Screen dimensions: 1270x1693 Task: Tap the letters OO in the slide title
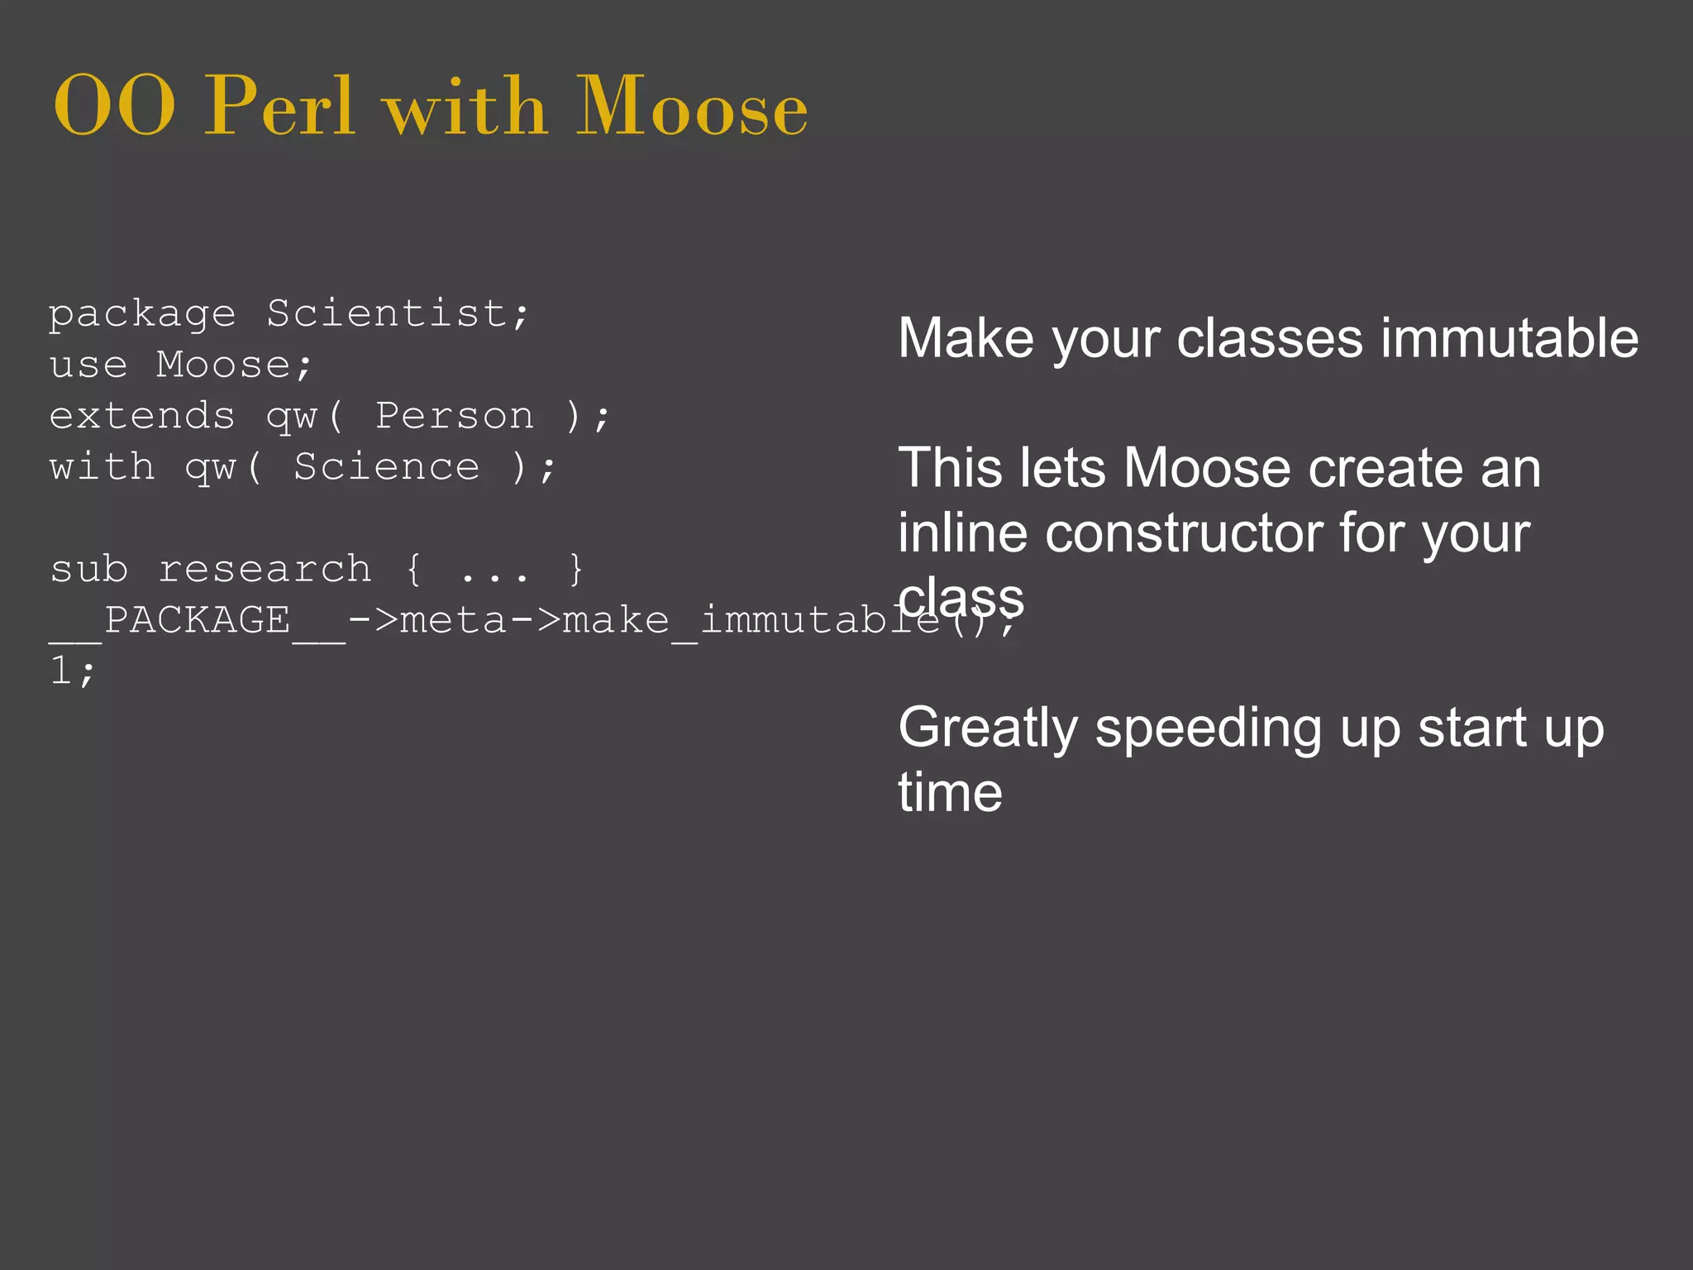114,107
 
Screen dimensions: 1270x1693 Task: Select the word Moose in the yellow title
691,107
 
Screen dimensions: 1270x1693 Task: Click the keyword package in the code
142,315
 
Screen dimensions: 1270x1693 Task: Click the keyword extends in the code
142,416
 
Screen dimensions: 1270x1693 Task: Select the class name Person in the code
455,416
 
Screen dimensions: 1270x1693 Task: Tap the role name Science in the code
386,467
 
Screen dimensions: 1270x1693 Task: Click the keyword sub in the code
88,569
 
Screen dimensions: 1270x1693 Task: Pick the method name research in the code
265,569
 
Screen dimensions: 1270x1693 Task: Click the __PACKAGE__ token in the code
197,621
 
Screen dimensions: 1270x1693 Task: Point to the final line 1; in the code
73,671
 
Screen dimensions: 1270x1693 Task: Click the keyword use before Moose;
88,365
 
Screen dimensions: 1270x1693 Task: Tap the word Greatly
988,728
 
